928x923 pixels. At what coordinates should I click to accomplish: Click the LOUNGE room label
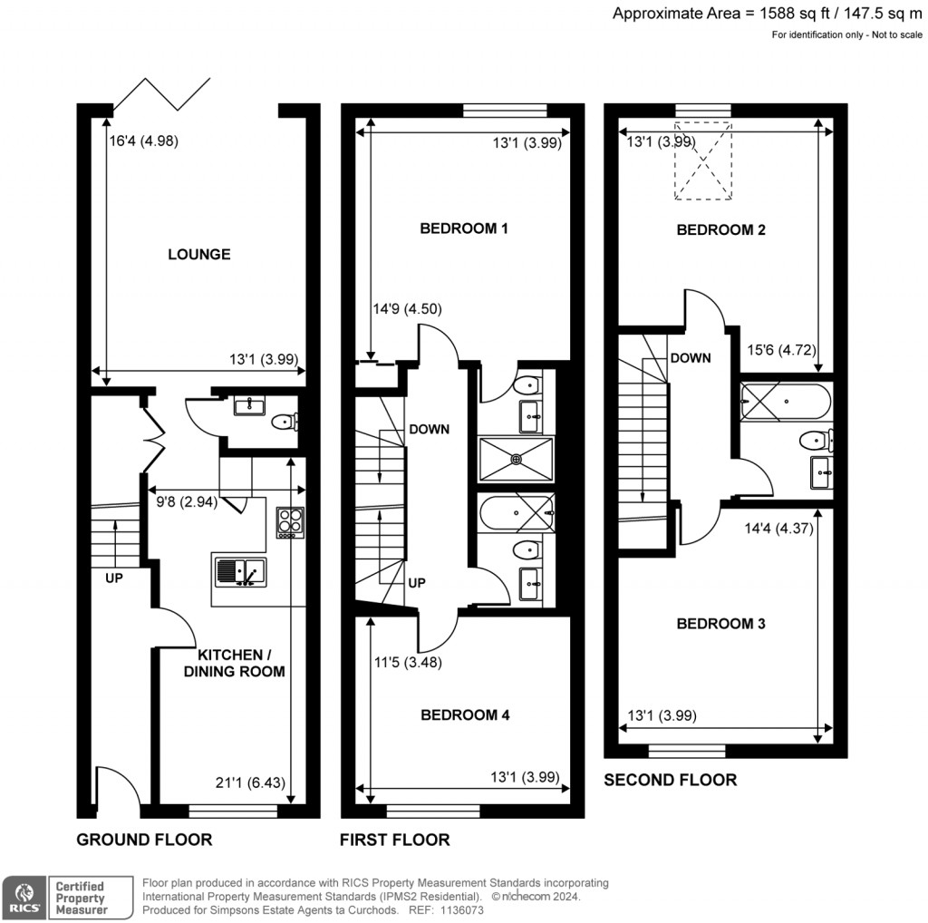tap(198, 255)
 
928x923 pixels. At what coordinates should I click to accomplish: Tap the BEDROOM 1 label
tap(463, 228)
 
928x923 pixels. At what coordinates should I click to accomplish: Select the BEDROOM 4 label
tap(465, 715)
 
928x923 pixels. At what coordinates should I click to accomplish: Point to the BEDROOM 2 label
tap(721, 230)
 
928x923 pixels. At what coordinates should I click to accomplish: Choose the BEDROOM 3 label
tap(721, 624)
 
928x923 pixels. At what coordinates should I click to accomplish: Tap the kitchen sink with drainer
tap(240, 572)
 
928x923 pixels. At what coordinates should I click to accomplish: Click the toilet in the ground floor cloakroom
tap(286, 421)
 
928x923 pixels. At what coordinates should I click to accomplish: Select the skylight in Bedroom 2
tap(702, 160)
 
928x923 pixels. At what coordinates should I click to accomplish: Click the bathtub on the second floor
tap(785, 402)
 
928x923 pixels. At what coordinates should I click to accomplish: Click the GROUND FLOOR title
tap(144, 840)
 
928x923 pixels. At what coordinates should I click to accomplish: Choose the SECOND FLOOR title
tap(670, 780)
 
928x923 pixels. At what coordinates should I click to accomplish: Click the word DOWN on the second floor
tap(691, 358)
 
